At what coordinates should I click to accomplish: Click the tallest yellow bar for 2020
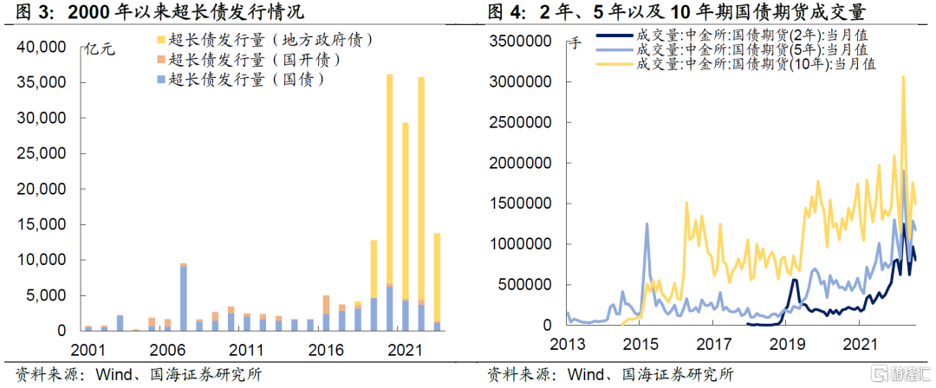390,179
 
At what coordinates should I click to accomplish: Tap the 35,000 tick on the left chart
46,83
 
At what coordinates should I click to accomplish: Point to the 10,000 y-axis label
46,261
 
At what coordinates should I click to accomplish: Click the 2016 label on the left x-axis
326,350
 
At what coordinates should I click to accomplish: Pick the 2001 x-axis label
88,350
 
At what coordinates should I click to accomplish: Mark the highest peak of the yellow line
903,76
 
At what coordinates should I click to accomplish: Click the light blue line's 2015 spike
647,223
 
